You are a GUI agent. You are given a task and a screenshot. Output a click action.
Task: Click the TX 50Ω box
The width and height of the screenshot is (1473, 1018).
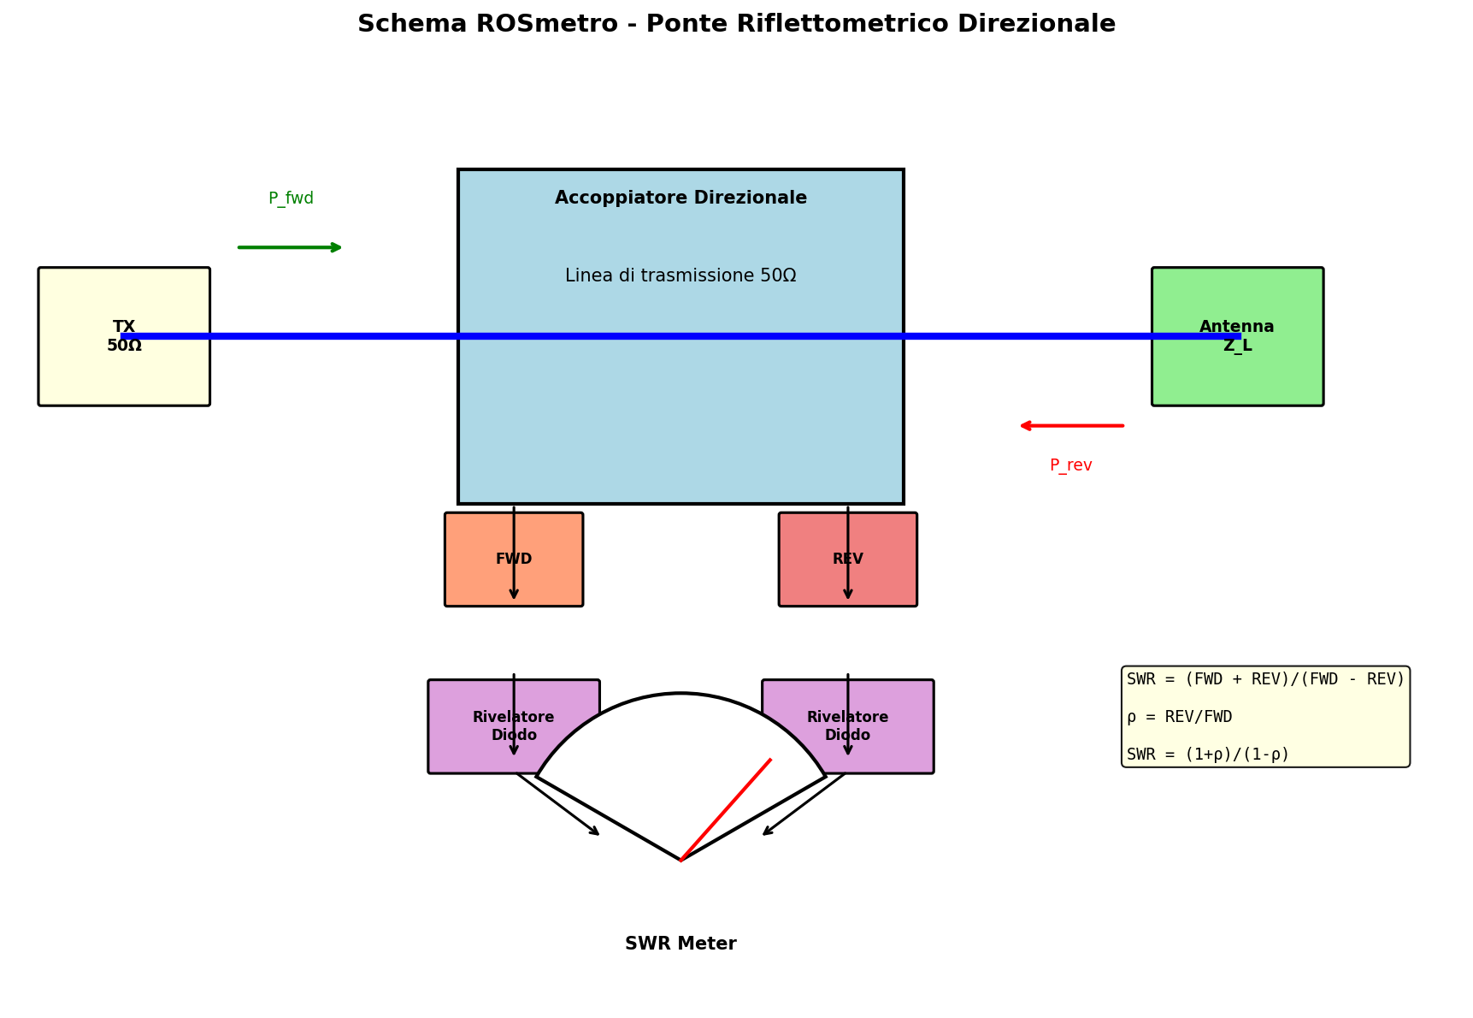coord(124,368)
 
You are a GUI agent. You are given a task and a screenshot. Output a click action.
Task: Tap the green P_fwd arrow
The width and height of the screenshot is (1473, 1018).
coord(291,247)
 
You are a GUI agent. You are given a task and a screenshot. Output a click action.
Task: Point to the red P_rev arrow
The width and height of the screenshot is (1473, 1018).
coord(1071,425)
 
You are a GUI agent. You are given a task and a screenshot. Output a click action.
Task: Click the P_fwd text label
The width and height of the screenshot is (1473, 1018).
coord(291,198)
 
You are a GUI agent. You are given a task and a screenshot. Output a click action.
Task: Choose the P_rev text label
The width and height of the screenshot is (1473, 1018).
coord(1070,465)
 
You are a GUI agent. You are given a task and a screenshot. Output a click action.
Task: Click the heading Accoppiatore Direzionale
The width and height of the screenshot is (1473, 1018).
coord(681,198)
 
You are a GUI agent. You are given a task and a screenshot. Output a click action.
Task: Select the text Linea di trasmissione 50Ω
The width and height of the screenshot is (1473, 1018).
coord(681,275)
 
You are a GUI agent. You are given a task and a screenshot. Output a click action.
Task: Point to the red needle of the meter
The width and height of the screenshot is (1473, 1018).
coord(726,809)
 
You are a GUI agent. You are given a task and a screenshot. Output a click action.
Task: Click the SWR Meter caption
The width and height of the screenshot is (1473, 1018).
coord(681,944)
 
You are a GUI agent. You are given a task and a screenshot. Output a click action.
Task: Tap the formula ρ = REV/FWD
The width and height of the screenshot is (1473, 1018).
coord(1179,717)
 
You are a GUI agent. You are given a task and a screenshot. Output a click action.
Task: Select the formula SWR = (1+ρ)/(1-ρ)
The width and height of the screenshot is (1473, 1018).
coord(1207,755)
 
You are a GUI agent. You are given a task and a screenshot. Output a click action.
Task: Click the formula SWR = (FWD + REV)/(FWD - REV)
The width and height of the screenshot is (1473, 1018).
coord(1265,679)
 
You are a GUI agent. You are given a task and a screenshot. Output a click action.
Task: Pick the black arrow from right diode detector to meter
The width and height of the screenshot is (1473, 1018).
coord(804,804)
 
